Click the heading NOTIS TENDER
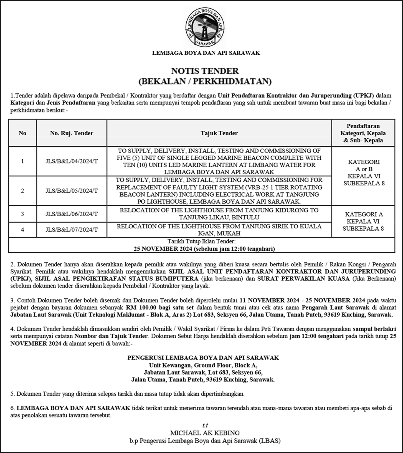click(205, 71)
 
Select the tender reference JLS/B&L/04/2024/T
click(72, 161)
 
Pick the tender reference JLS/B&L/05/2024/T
click(72, 191)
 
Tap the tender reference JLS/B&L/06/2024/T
click(72, 214)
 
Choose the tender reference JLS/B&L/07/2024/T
click(72, 230)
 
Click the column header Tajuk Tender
click(219, 133)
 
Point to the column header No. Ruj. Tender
click(72, 133)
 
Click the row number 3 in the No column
click(22, 214)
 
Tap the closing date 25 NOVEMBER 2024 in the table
click(163, 249)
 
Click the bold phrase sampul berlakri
click(374, 329)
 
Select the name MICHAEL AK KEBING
click(205, 433)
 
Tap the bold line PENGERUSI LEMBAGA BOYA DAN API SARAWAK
click(203, 358)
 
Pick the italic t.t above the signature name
click(205, 425)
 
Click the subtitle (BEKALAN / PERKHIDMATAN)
click(205, 81)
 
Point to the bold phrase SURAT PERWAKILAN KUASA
click(303, 279)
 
